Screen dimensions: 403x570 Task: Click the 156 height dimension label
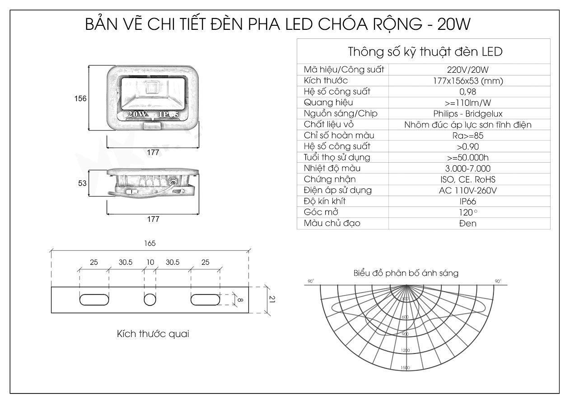coord(80,98)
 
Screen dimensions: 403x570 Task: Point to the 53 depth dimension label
coord(82,183)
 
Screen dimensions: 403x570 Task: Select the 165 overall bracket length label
coord(150,243)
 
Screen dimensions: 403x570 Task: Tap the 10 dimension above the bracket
coord(150,262)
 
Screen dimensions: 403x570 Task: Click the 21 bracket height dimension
coord(272,299)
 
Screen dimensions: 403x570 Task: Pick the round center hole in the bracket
coord(150,300)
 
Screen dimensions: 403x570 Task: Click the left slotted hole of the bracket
coord(94,300)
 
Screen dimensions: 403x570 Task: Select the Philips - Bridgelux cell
coord(467,114)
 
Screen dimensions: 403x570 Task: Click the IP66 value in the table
coord(467,201)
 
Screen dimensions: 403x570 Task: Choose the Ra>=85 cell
coord(467,136)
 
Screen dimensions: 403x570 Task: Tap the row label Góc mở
coord(321,212)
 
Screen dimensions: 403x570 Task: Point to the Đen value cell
coord(467,223)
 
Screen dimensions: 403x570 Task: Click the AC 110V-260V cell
coord(467,190)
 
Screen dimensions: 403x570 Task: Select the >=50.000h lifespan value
coord(467,158)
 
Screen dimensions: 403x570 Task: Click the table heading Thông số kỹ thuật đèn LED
coord(425,52)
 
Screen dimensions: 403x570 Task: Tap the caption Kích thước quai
coord(153,334)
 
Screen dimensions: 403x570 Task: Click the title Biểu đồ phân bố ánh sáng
coord(406,273)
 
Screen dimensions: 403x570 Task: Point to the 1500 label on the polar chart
coord(405,368)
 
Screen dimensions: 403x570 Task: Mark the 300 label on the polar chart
coord(405,299)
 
